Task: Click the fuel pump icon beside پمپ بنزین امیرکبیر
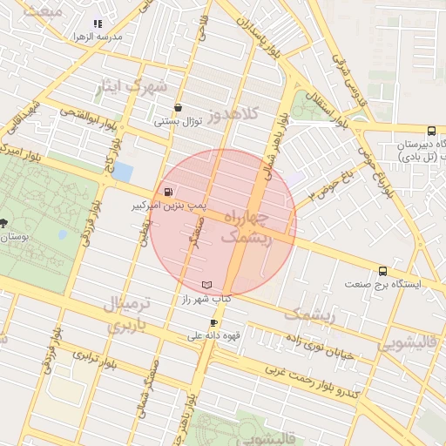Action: click(166, 193)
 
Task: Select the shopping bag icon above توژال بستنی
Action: click(178, 108)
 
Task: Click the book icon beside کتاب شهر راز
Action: click(206, 285)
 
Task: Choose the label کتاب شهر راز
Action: click(206, 299)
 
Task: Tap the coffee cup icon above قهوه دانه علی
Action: click(213, 322)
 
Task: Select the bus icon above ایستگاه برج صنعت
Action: click(382, 271)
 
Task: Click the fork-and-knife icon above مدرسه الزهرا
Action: click(97, 24)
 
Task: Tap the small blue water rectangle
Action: click(124, 172)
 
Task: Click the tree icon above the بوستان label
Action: click(6, 223)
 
